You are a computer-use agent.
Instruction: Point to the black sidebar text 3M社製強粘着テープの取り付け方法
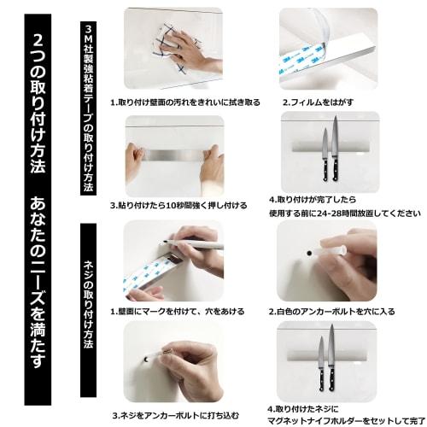94,107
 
